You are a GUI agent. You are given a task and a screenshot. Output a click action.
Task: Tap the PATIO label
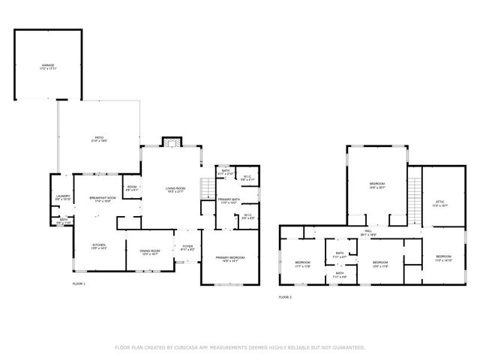coord(98,138)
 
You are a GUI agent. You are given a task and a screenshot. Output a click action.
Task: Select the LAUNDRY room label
coord(63,197)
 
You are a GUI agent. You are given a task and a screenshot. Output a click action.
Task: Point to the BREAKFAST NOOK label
coord(100,198)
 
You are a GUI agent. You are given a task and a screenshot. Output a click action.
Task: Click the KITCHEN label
coord(99,245)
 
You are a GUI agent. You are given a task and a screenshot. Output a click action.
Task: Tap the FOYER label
coord(187,246)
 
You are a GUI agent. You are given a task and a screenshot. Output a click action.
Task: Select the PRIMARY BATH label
coord(229,200)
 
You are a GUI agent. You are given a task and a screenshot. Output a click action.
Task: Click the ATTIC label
coord(441,202)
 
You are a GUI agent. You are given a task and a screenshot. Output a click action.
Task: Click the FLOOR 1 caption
coord(79,284)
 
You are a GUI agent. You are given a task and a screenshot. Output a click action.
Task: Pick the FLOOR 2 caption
coord(285,297)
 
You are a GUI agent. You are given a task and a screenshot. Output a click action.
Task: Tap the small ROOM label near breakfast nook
coord(132,187)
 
